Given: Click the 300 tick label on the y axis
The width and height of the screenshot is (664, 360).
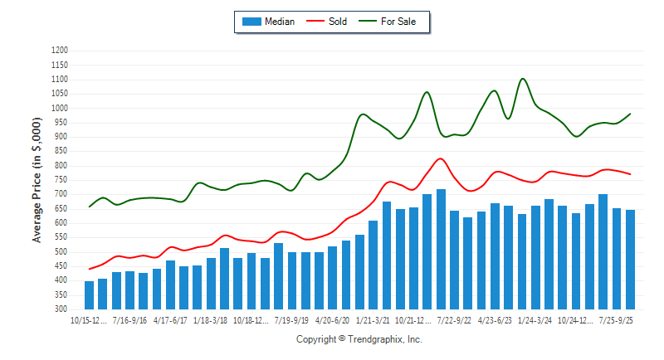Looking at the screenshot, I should coord(61,309).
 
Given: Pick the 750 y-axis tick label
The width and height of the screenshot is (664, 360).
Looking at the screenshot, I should coord(61,180).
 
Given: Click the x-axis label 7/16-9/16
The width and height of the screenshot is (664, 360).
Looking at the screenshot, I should coord(129,319).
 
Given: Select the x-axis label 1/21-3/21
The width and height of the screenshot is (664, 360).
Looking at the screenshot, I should coord(373,319).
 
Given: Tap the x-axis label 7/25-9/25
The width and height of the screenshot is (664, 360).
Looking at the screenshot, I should coord(616,319).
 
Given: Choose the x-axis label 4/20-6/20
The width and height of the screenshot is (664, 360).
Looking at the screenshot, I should coord(332,319).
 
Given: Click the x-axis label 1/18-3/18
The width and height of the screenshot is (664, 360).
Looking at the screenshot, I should coord(211,319).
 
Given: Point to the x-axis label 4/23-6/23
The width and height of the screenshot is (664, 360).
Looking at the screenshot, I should coord(495,319).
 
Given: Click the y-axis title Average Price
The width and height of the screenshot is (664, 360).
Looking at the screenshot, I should coord(37,179).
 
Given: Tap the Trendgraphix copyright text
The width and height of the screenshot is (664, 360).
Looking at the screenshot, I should coord(359,339).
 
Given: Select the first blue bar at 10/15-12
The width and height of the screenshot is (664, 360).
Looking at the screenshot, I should coord(89,295).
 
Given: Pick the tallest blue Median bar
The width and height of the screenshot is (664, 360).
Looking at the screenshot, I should coord(441,249).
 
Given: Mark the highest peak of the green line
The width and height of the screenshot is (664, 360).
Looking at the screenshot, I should coord(522,79).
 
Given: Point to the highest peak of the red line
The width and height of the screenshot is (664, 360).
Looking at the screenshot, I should coord(440,158).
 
